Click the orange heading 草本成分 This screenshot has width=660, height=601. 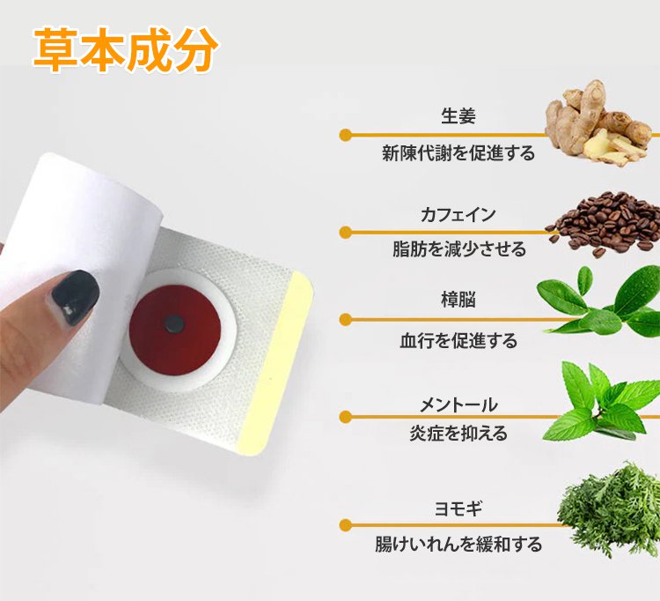click(x=126, y=50)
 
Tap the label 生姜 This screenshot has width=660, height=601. click(x=458, y=116)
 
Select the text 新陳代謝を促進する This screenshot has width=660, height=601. click(x=458, y=153)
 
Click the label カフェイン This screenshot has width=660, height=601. click(x=458, y=214)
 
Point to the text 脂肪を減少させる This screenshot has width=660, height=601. click(x=459, y=249)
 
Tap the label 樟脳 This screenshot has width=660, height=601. click(x=458, y=300)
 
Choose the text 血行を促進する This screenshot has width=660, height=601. click(x=458, y=340)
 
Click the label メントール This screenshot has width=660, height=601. click(x=458, y=405)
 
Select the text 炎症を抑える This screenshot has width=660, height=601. click(x=458, y=433)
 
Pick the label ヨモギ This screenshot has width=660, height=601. click(x=458, y=508)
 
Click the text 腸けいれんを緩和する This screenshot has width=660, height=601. click(x=458, y=544)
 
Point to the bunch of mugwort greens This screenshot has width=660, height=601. click(x=609, y=509)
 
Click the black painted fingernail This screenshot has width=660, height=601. click(x=75, y=296)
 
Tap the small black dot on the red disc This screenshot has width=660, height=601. click(x=174, y=324)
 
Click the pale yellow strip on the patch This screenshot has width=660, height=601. click(x=276, y=363)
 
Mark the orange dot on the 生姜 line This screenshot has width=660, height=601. click(x=346, y=135)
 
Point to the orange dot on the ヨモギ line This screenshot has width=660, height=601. click(x=346, y=525)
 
